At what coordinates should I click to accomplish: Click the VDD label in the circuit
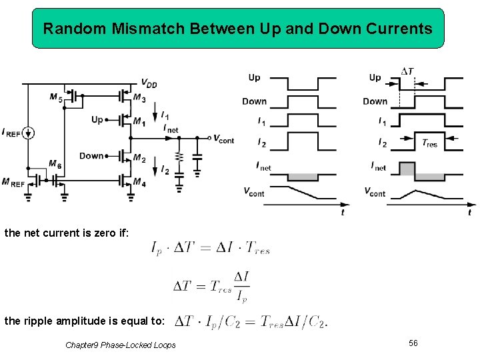tap(149, 83)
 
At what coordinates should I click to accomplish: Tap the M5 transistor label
tap(56, 98)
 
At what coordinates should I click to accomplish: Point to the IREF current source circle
tap(27, 133)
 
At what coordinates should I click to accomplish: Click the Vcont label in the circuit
tap(223, 139)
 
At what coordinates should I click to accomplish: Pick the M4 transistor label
tap(139, 182)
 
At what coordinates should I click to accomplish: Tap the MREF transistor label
tap(13, 182)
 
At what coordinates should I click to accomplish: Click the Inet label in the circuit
tap(171, 128)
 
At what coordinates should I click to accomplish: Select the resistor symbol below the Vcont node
tap(179, 157)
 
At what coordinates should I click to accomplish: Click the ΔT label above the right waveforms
tap(407, 71)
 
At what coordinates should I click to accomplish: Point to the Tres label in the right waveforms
tap(430, 143)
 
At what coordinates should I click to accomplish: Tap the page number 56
tap(413, 343)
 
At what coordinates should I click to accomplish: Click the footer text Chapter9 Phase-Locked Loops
tap(121, 345)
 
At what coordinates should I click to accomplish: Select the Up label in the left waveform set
tap(254, 77)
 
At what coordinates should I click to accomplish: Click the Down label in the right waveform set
tap(375, 101)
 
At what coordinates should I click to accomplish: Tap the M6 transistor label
tap(56, 164)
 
